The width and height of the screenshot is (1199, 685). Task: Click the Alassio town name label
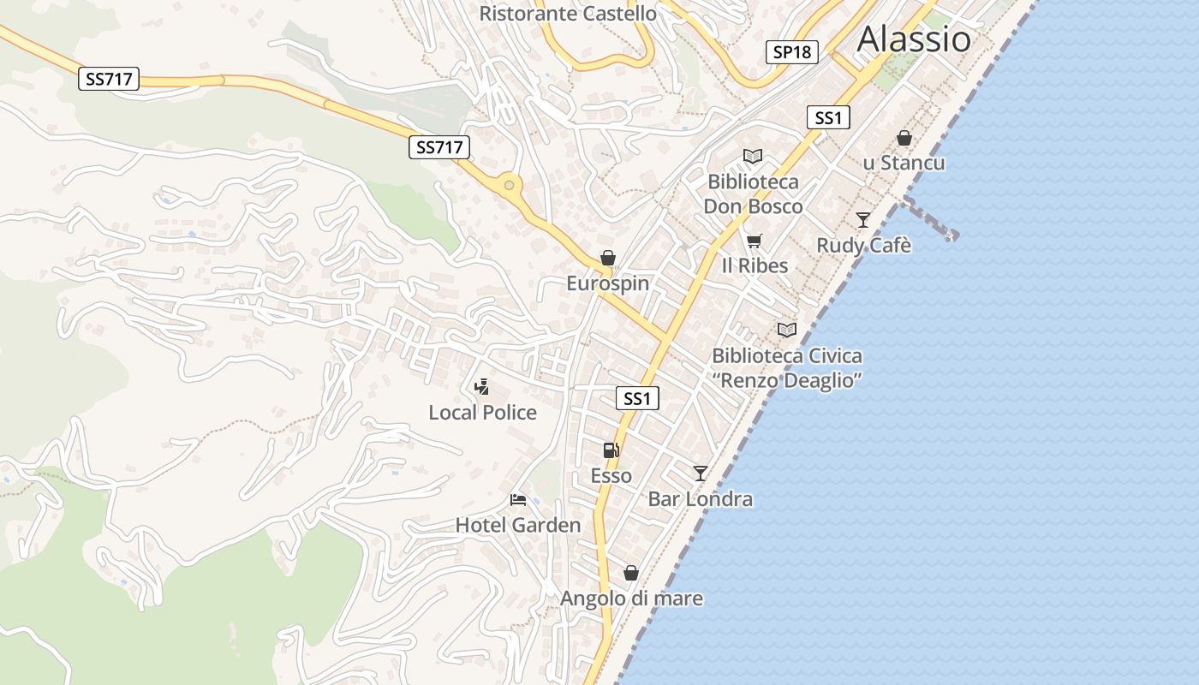click(x=914, y=39)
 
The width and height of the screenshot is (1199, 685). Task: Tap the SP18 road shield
click(x=791, y=52)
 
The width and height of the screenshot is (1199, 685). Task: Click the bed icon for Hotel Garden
click(x=517, y=499)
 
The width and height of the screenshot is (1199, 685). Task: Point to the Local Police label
click(x=482, y=413)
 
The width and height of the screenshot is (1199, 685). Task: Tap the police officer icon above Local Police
click(x=481, y=386)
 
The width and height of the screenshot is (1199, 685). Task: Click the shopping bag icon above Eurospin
click(x=608, y=257)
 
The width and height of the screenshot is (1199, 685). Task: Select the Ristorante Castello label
click(x=568, y=14)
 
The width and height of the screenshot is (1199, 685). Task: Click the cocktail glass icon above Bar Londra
click(x=701, y=473)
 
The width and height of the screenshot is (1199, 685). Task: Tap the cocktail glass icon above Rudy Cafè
click(x=863, y=220)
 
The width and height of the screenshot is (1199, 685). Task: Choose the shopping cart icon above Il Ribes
click(x=754, y=241)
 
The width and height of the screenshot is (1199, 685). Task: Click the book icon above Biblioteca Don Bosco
click(x=753, y=157)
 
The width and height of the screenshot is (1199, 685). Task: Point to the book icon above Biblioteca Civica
click(x=786, y=330)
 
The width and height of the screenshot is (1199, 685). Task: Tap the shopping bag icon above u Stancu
click(x=904, y=138)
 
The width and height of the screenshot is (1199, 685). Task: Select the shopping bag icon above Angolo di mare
click(x=631, y=573)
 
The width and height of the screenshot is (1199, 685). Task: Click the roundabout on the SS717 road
click(x=510, y=185)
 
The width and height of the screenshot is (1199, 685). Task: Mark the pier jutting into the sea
click(x=929, y=218)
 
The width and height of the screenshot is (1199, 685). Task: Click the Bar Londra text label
click(x=701, y=499)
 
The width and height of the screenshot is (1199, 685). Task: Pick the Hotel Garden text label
click(x=518, y=525)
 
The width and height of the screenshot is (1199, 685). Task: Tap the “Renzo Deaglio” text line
click(x=787, y=380)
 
